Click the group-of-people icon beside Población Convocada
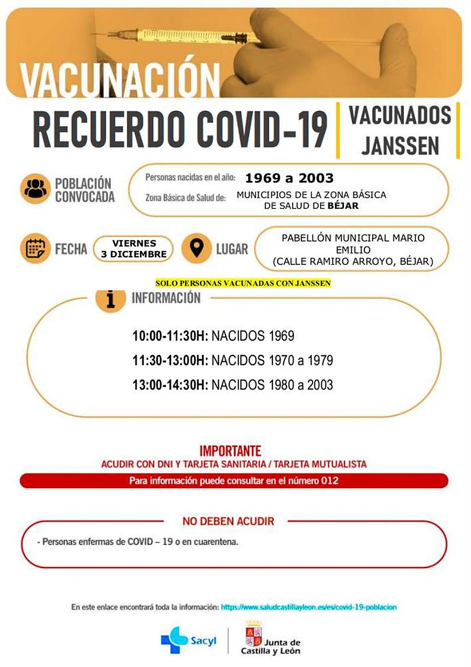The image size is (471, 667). click(x=35, y=189)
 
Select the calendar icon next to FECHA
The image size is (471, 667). click(x=35, y=248)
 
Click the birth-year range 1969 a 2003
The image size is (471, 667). click(x=289, y=178)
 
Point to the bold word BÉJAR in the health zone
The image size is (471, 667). click(x=343, y=206)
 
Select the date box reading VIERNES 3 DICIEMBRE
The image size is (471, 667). click(x=134, y=248)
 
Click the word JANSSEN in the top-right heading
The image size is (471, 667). click(x=400, y=146)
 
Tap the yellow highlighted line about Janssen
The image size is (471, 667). click(x=243, y=283)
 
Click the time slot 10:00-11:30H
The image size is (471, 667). click(x=170, y=336)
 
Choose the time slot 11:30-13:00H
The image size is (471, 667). click(x=170, y=360)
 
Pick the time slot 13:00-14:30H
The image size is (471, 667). click(x=170, y=385)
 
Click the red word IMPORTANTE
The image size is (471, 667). click(x=230, y=450)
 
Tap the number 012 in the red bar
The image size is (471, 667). click(x=330, y=481)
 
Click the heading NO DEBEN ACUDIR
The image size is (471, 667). click(x=228, y=521)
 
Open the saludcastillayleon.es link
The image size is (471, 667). click(x=309, y=607)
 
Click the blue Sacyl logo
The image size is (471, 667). click(x=188, y=640)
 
